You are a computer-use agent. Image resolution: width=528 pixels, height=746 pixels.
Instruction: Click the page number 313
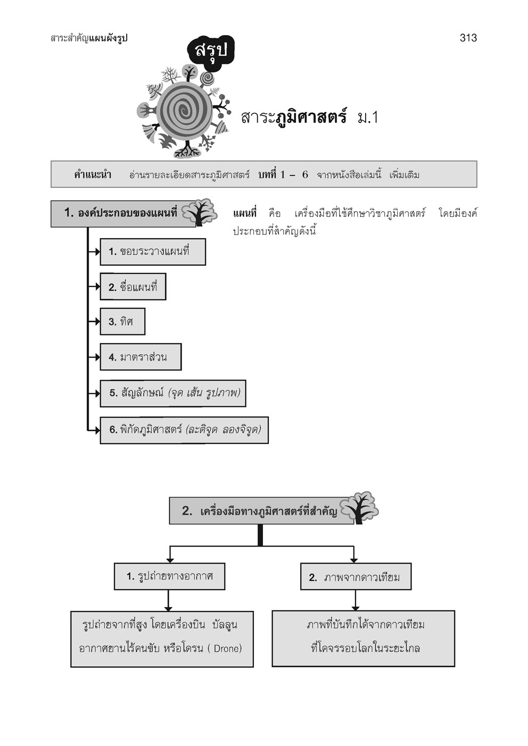[x=468, y=38]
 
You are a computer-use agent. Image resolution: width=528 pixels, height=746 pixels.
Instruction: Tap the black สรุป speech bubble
[x=211, y=51]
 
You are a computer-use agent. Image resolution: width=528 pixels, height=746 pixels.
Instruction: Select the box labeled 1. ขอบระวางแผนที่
[x=153, y=252]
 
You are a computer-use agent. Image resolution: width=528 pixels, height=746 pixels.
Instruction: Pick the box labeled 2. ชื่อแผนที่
[x=133, y=287]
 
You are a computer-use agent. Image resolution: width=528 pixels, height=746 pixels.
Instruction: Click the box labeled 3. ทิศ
[x=122, y=322]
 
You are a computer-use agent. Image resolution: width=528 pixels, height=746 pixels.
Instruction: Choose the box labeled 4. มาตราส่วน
[x=141, y=357]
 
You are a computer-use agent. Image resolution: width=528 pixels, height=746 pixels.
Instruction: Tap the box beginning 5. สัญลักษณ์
[x=173, y=393]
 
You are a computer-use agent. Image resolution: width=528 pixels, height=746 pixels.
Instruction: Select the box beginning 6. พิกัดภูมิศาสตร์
[x=184, y=430]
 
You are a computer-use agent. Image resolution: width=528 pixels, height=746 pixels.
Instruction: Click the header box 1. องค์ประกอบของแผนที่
[x=121, y=214]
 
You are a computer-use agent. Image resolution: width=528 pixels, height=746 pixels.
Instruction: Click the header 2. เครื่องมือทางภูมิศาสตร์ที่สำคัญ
[x=261, y=512]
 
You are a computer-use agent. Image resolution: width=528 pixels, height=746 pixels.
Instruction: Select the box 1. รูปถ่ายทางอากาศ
[x=169, y=576]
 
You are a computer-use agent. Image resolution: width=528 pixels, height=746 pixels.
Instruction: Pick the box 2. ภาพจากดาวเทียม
[x=356, y=577]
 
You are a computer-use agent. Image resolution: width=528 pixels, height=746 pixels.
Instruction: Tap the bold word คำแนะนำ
[x=93, y=174]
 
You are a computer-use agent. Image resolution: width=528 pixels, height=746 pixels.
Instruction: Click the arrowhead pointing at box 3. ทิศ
[x=96, y=322]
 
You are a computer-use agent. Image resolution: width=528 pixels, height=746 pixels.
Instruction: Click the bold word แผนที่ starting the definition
[x=245, y=214]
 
